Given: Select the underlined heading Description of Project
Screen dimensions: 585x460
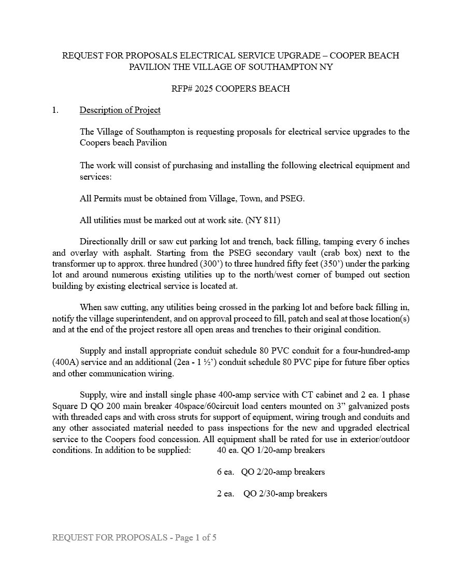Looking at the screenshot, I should pos(120,110).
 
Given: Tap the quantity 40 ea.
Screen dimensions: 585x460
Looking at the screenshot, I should pos(227,450).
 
